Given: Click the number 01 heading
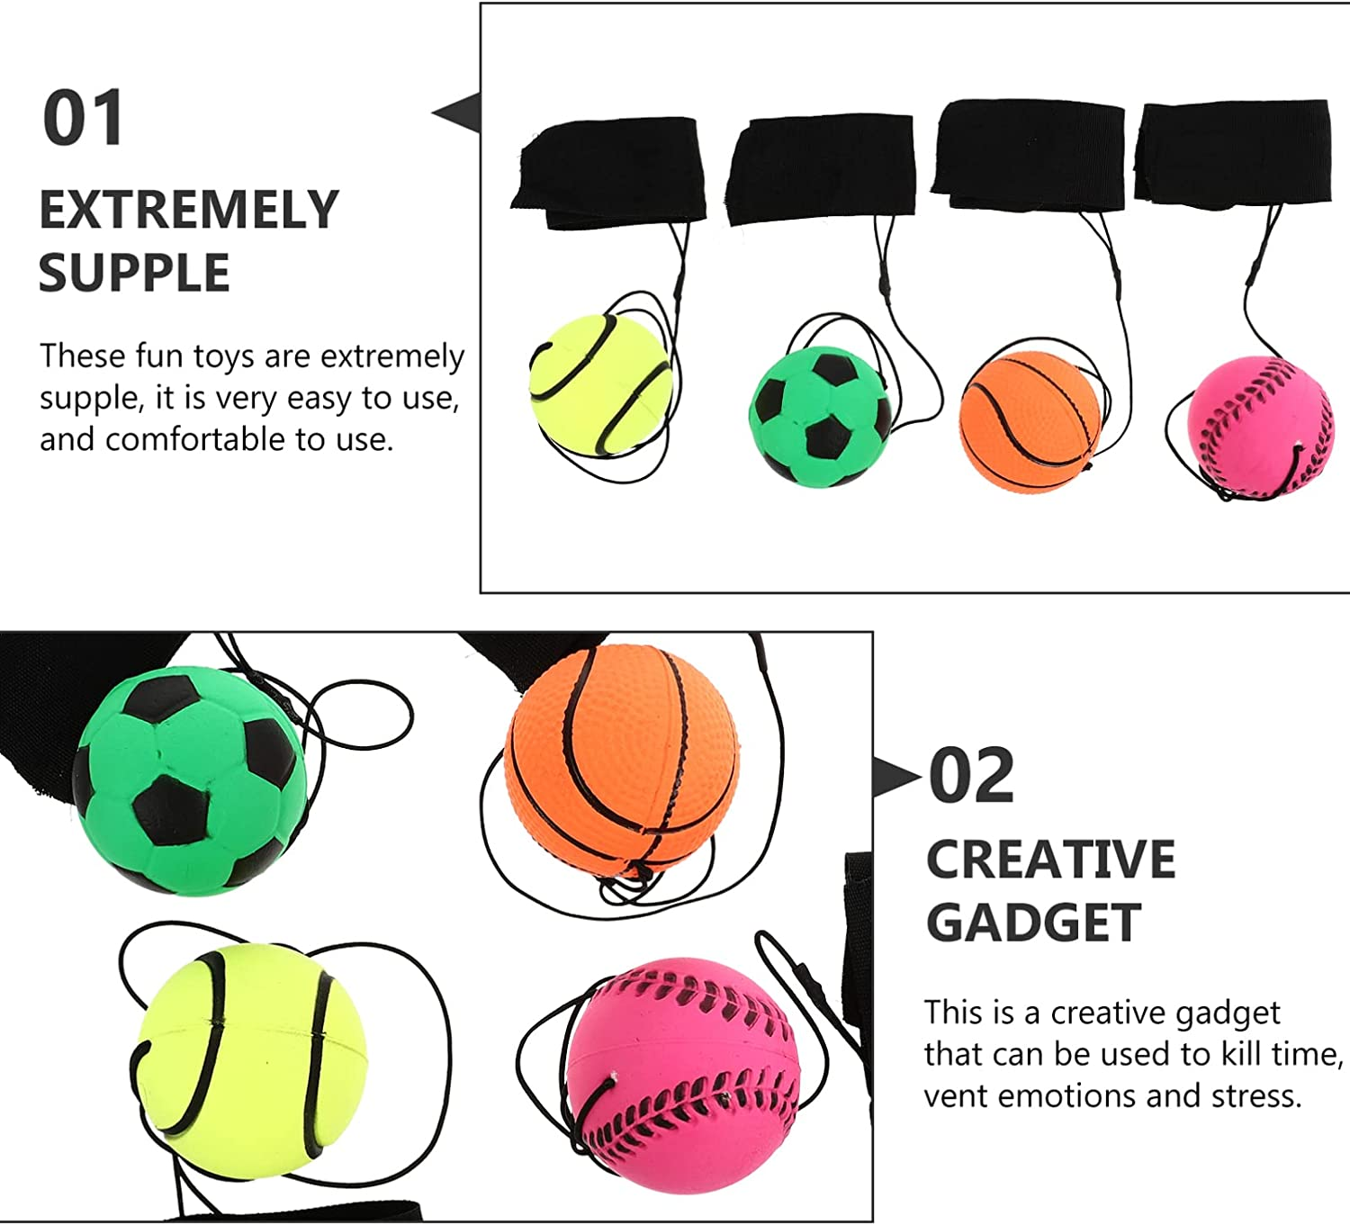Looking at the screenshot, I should pos(83,119).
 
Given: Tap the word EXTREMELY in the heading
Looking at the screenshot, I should pos(189,211).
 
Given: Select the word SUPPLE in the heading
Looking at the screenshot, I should pos(134,274).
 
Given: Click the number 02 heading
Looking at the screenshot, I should pos(971,776).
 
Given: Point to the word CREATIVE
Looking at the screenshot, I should pos(1050,860).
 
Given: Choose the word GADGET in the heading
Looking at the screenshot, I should pos(1034,923).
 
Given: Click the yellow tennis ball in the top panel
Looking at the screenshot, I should pos(600,385).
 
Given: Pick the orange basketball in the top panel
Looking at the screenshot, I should pos(1030,419).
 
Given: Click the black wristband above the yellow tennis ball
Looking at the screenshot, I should pos(609,173).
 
